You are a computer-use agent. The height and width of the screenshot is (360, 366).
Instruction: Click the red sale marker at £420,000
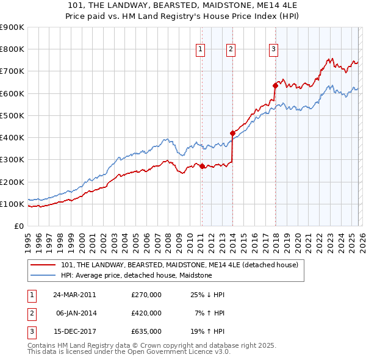click(x=232, y=133)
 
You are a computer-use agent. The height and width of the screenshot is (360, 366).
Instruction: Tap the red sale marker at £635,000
click(x=274, y=85)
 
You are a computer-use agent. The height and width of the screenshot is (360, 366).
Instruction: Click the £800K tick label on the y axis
click(x=12, y=49)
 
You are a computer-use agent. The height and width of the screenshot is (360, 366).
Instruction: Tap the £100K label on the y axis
click(x=12, y=204)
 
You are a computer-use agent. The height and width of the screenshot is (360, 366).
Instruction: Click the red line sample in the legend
click(x=43, y=265)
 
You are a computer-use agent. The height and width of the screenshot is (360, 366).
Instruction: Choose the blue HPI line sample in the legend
click(x=43, y=276)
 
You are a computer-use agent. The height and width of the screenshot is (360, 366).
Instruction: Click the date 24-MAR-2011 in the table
click(x=74, y=295)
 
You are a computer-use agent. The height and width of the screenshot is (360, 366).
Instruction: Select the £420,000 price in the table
click(x=146, y=313)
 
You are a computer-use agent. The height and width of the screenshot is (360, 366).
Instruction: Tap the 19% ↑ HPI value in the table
click(x=207, y=331)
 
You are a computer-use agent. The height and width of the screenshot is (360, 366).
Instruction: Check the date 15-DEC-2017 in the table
click(x=74, y=331)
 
